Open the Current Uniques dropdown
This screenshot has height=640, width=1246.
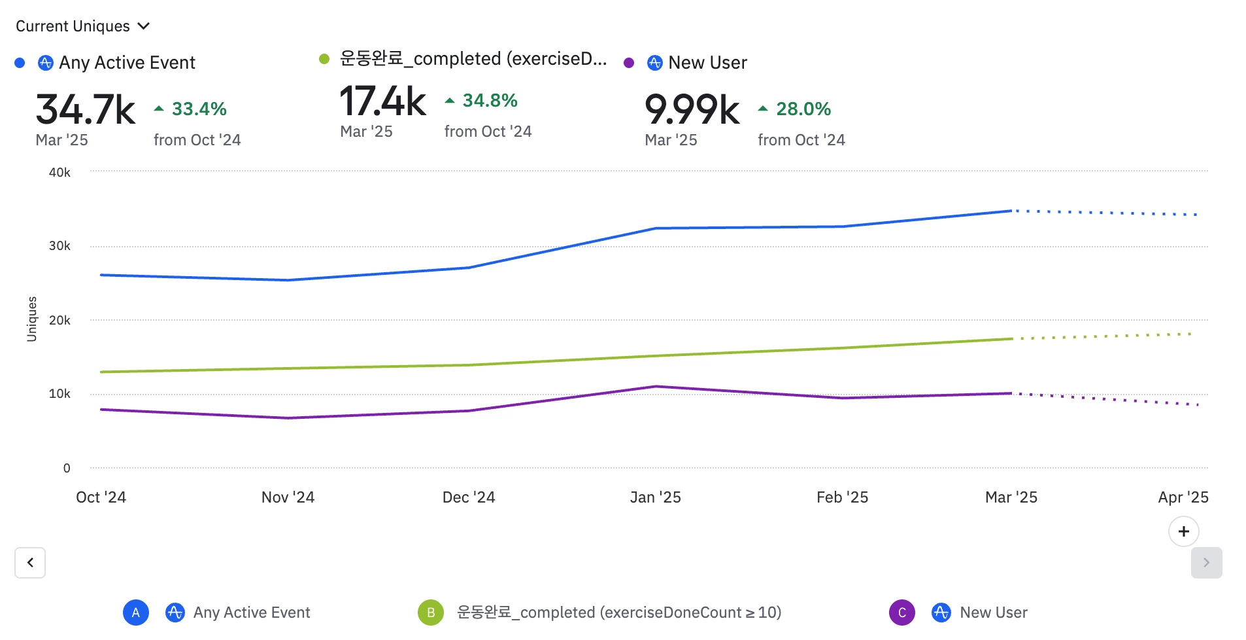pos(82,26)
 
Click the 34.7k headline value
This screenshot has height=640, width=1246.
pos(86,109)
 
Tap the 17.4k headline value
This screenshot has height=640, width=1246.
pos(383,101)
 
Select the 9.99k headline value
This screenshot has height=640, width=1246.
pos(692,109)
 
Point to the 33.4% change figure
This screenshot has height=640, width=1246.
pos(199,109)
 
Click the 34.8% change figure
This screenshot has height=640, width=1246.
pos(490,100)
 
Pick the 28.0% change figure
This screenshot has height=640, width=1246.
pos(803,109)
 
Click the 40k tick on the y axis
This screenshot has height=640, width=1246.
pos(59,172)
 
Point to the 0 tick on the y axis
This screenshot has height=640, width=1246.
pos(67,468)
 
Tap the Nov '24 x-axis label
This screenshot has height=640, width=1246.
pos(288,497)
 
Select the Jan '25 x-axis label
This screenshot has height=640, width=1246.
pos(655,497)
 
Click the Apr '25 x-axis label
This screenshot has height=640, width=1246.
pos(1183,497)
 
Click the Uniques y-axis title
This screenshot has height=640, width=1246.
pos(31,319)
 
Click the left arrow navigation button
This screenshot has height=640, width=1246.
pos(30,563)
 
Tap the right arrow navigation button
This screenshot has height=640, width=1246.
pos(1206,563)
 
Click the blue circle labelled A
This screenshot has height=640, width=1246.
pos(136,613)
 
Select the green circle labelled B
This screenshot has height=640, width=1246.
pos(431,613)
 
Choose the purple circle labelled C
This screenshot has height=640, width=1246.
pos(902,613)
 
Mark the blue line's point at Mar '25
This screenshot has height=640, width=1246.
pos(1011,211)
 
